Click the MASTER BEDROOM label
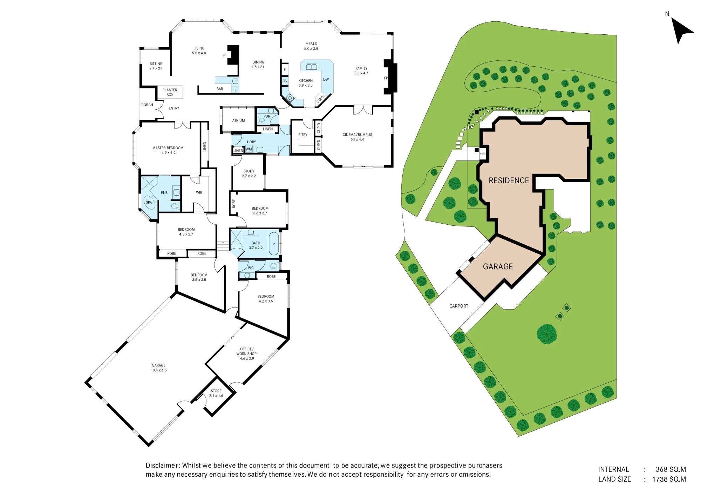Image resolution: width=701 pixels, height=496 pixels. click(168, 148)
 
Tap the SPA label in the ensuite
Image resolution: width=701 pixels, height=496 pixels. click(149, 203)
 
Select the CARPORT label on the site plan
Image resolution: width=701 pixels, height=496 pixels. click(459, 306)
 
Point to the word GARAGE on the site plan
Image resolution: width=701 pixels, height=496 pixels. click(498, 267)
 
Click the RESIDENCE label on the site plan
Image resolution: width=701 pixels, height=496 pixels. click(509, 180)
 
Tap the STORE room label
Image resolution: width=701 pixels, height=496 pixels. click(216, 391)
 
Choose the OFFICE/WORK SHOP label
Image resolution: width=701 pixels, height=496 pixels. click(247, 351)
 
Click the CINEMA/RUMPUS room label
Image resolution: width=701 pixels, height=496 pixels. click(357, 135)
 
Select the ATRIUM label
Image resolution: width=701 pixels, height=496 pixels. click(238, 121)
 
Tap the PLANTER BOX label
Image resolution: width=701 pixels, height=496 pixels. click(170, 92)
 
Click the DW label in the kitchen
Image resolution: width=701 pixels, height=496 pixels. click(326, 80)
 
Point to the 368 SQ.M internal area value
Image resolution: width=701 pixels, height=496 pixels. click(671, 470)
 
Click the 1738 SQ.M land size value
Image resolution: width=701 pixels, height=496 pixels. click(669, 480)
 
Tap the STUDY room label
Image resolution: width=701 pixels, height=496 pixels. click(249, 171)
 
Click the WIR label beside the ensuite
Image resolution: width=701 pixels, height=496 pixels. click(199, 193)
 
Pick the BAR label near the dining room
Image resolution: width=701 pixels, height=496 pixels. click(220, 89)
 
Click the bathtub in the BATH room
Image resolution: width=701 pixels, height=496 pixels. click(274, 243)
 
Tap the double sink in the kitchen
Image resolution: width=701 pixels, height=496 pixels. click(311, 67)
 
